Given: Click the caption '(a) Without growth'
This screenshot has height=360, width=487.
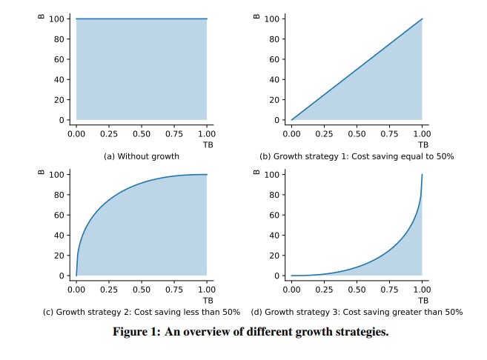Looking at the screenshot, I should coord(141,156).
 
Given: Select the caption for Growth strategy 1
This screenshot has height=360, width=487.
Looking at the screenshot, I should coord(356,156).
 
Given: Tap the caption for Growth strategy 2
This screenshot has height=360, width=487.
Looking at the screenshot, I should coord(141,312).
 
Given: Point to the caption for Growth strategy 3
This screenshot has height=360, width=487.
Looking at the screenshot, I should coord(357,312).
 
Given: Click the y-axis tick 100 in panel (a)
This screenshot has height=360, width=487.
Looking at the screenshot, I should coord(56,19).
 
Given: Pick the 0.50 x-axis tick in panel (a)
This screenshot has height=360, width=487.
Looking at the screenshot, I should coord(141,134).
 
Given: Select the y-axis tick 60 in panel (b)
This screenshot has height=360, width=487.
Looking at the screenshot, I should coord(274,59).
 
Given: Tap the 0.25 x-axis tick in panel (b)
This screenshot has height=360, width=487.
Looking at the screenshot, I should coord(324,134).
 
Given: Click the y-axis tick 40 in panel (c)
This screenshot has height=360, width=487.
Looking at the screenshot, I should coord(59,236).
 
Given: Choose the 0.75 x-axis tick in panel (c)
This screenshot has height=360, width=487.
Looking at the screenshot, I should coord(174,290).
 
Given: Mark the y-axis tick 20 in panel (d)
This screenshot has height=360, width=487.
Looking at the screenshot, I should coord(274,256).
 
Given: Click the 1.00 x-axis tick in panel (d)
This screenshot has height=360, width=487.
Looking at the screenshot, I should coord(422,290).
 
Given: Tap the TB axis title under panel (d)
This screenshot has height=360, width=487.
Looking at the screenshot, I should coord(423,300).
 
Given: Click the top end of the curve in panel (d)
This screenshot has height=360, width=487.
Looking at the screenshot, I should coord(422,175).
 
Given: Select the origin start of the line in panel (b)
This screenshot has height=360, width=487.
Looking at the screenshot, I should coord(291,119).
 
